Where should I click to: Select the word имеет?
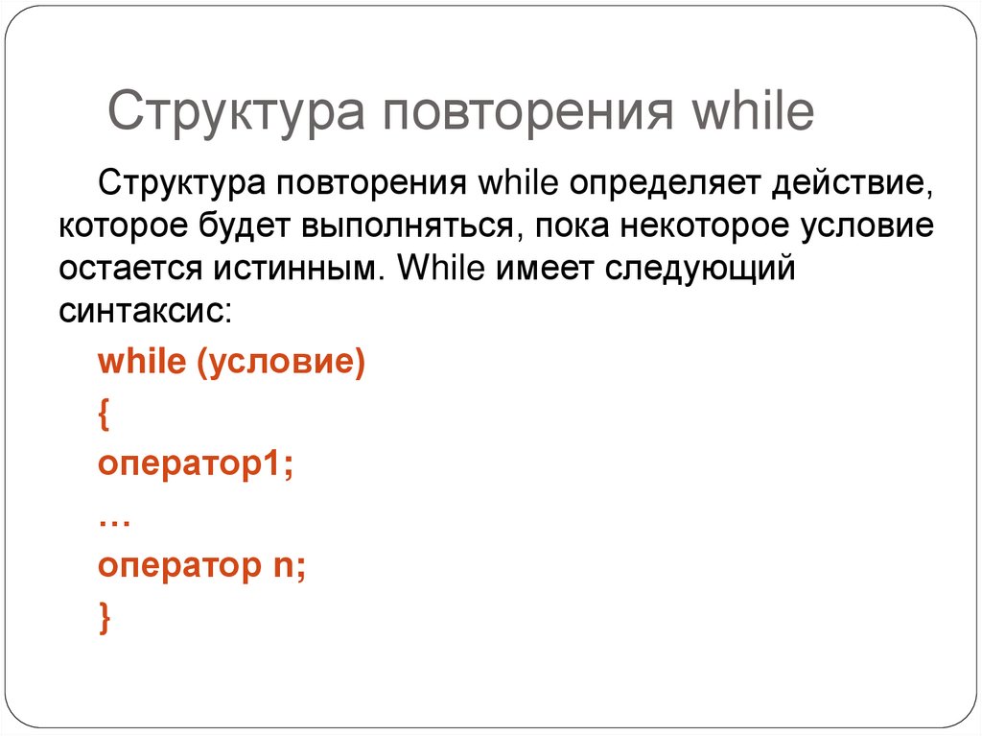tap(542, 269)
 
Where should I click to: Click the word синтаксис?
tap(144, 312)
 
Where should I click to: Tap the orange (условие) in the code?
tap(282, 366)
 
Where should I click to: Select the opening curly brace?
tap(104, 416)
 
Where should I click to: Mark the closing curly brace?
tap(104, 618)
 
